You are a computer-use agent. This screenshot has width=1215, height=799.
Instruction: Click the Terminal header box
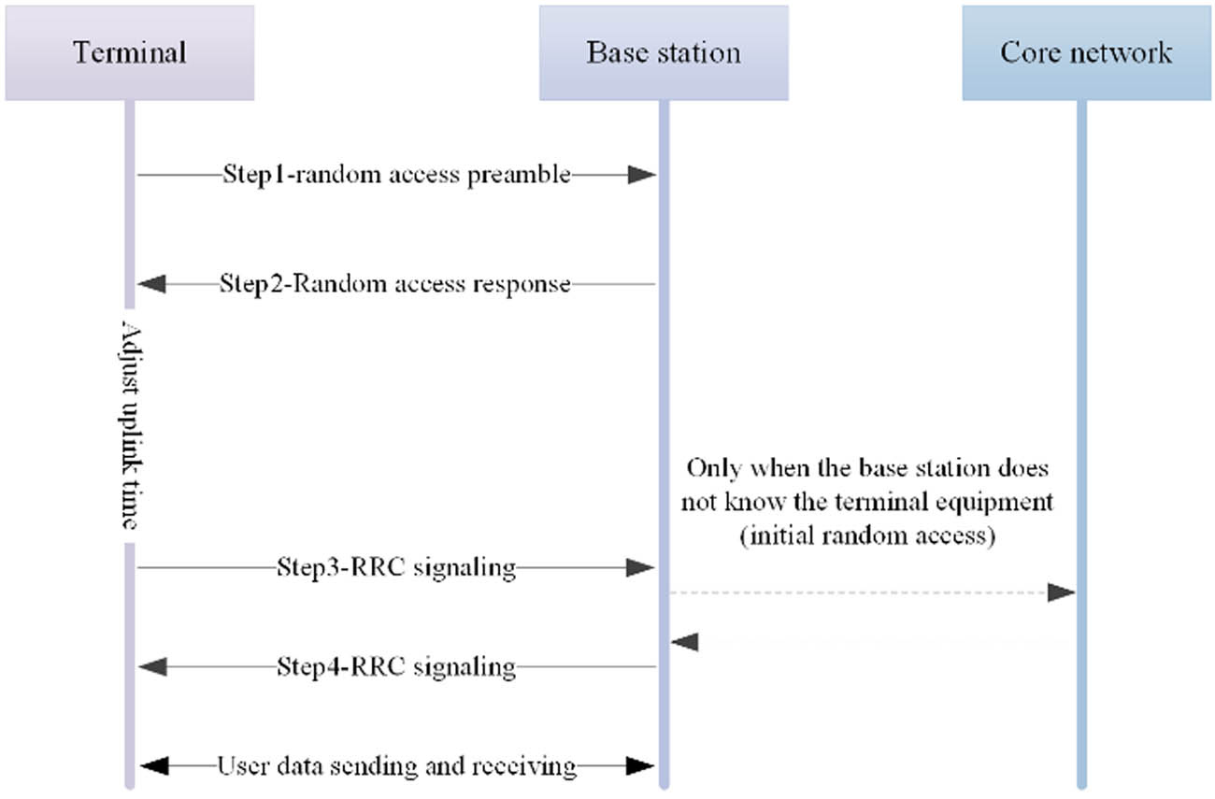click(129, 52)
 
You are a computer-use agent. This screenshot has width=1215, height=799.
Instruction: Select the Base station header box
click(664, 52)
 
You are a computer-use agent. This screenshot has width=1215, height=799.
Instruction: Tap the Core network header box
click(1086, 52)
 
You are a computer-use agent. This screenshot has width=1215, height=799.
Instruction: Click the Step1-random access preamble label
click(396, 175)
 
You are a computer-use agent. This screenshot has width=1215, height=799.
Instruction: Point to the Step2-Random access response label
click(394, 284)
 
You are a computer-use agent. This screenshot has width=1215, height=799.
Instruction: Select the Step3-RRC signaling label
click(396, 567)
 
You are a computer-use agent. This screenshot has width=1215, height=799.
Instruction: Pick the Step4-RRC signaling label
click(396, 667)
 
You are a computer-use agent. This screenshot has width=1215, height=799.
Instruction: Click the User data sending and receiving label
click(396, 767)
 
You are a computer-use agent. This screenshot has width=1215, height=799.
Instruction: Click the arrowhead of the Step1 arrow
click(641, 175)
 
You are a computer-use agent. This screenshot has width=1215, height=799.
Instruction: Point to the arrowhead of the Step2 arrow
click(151, 284)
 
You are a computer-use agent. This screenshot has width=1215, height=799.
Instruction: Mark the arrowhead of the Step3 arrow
click(641, 567)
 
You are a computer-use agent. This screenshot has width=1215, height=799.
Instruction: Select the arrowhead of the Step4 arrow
click(151, 667)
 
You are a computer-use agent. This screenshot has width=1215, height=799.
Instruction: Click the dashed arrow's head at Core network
click(1062, 593)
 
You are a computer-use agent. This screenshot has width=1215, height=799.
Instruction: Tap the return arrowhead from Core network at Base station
click(685, 642)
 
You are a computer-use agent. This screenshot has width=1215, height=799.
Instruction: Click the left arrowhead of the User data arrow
click(151, 767)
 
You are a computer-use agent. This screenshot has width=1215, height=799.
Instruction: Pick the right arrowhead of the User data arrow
click(641, 767)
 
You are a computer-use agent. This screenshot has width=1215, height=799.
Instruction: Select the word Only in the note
click(711, 467)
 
